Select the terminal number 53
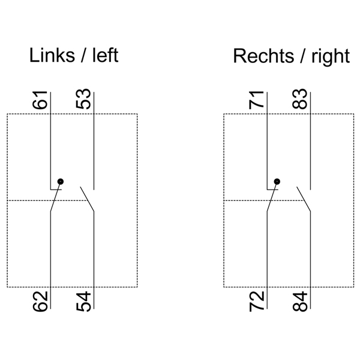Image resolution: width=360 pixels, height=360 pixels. (84, 100)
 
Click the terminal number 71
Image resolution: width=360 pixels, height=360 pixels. (257, 100)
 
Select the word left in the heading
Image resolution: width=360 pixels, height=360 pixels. (105, 56)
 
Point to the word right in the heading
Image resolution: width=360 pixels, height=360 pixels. (329, 56)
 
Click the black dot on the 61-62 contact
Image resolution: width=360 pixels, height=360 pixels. (59, 181)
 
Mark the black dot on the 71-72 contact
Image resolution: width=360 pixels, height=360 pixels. (276, 181)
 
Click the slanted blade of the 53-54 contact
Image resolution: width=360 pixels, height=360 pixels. (88, 199)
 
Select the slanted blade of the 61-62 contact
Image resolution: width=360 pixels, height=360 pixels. (55, 200)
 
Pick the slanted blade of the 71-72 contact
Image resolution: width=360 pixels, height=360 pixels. (271, 200)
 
